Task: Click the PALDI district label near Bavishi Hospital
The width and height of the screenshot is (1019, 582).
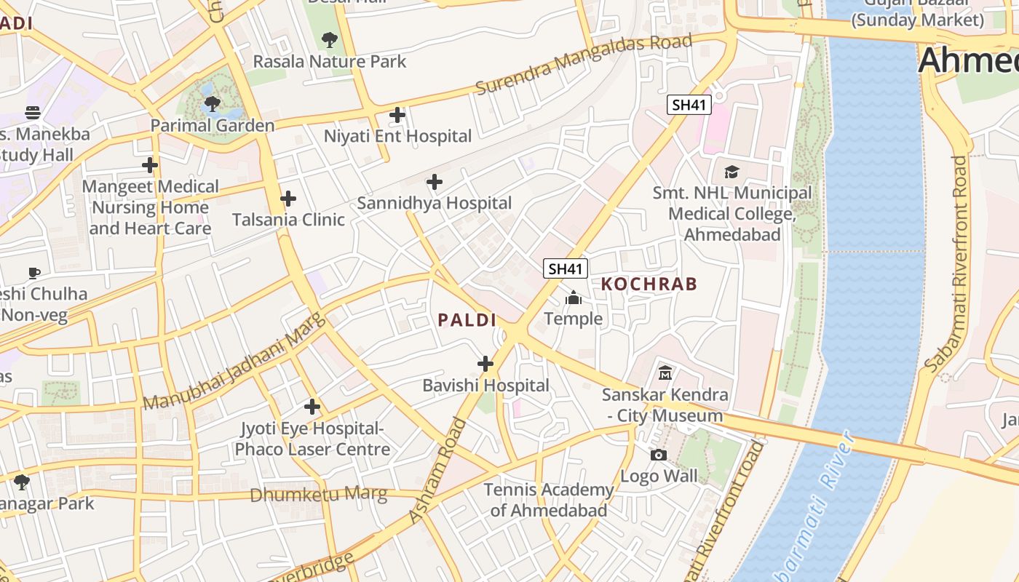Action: point(467,320)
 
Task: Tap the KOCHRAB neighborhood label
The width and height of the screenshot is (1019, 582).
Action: point(649,284)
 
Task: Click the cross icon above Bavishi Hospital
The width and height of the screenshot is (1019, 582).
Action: point(485,364)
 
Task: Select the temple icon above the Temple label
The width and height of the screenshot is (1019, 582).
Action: point(574,298)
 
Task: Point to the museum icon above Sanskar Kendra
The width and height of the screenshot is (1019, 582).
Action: point(665,373)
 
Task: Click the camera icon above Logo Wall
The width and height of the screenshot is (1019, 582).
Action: point(659,455)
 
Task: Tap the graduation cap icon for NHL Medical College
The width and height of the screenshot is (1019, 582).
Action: point(731,172)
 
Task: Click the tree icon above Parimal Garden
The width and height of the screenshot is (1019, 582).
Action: point(212,104)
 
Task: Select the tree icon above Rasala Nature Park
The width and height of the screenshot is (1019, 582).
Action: point(329,39)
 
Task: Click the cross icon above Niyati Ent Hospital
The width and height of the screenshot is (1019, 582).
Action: point(397,115)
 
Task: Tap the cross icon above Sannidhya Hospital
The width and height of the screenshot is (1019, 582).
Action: point(435,182)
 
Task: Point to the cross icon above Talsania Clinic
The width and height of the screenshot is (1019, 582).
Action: point(288,198)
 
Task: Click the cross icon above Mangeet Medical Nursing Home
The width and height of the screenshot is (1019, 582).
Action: point(150,165)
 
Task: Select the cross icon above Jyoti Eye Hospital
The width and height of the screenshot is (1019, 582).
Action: point(312,407)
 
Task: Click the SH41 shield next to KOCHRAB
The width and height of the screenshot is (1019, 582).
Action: point(565,269)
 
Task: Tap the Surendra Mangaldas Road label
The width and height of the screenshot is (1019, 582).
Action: point(583,64)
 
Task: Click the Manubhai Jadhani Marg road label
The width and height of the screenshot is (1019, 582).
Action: point(233,362)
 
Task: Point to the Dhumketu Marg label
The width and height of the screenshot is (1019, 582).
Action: point(318,495)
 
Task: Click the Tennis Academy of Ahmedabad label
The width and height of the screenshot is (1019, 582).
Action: point(549,500)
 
